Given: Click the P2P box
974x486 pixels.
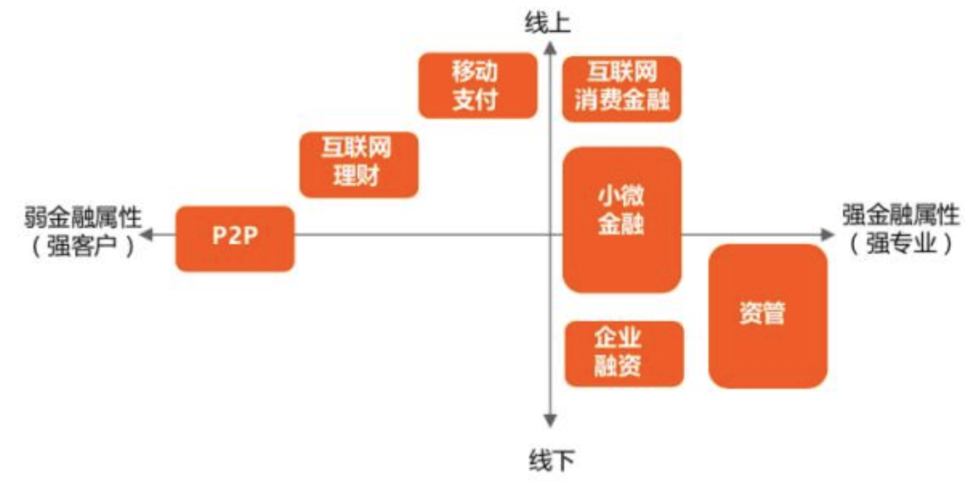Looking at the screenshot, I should point(234,238).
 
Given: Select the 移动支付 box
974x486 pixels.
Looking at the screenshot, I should point(477,85).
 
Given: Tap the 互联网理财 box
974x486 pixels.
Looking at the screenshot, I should point(359,164).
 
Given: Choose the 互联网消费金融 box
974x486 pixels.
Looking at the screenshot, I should point(622,88).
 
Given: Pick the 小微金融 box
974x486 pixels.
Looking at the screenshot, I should point(622,219).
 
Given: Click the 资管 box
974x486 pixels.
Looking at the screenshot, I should point(768,315).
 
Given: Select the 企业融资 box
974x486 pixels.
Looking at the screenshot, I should point(624,353).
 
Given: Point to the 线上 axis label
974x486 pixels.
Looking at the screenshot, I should point(549,23).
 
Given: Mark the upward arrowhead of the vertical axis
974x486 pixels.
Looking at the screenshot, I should point(551,47).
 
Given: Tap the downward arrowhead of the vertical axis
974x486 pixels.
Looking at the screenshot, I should point(551,421).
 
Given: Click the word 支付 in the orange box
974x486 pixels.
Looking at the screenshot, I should point(477,100).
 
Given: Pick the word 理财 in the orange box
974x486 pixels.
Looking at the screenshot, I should point(358,176).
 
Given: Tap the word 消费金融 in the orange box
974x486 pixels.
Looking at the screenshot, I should point(622,101).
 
